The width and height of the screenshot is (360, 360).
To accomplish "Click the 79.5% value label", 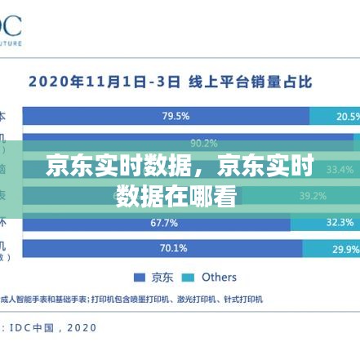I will click(176, 116).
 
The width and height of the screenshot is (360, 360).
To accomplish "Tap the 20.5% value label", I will click(348, 116).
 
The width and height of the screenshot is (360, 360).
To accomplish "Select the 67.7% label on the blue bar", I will click(164, 222).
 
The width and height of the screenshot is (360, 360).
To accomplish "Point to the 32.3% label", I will click(340, 222).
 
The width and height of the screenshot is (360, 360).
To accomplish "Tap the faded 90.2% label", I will click(204, 143).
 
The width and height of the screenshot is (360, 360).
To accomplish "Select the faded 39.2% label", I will click(313, 196).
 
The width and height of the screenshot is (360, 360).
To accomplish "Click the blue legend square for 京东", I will click(139, 277).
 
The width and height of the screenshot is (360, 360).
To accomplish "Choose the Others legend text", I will click(219, 277).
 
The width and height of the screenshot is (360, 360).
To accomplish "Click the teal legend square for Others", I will click(189, 277).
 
